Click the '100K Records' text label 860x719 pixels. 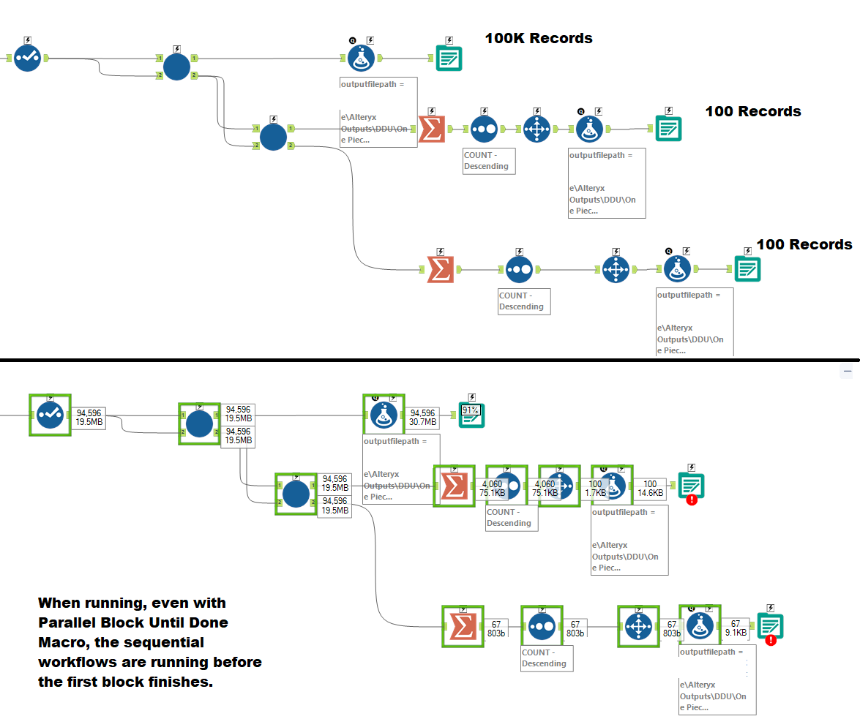(539, 38)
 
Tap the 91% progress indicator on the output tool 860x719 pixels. (469, 410)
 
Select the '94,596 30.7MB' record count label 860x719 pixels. (422, 418)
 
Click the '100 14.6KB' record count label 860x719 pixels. (650, 489)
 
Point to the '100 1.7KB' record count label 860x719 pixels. (595, 489)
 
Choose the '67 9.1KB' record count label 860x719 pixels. (736, 628)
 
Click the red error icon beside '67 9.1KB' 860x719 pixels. (771, 640)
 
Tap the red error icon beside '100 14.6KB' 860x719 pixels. (691, 500)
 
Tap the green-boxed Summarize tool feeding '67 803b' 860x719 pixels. (462, 627)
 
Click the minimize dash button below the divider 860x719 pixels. (848, 372)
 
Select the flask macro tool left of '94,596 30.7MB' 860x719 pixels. (384, 415)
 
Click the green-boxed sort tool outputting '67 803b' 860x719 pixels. (541, 627)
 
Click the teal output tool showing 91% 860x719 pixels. (472, 415)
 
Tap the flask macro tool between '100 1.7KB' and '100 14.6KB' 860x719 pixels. (612, 484)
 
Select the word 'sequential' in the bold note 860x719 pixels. (166, 642)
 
